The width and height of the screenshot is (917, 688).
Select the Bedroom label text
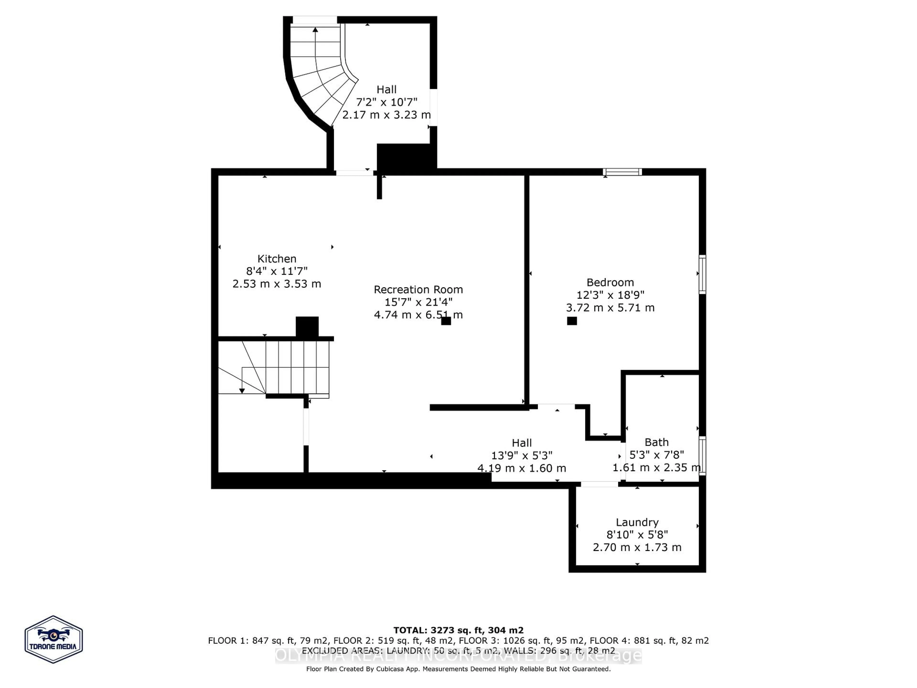pos(610,282)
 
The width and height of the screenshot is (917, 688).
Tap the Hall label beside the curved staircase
pos(386,90)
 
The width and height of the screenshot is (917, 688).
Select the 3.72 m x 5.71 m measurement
pos(610,308)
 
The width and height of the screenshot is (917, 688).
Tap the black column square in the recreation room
pos(446,321)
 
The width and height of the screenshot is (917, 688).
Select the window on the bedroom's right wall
pos(702,274)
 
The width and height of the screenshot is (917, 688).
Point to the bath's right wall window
pos(702,455)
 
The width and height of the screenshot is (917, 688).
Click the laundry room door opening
pos(599,484)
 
